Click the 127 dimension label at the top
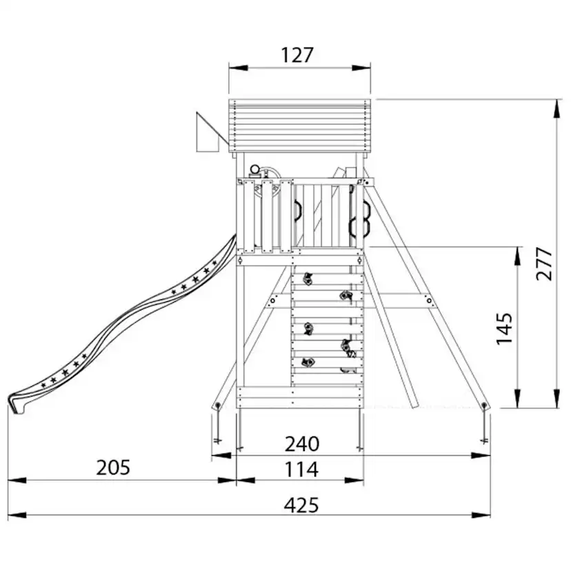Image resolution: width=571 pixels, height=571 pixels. click(297, 55)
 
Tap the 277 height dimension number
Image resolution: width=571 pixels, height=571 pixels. click(544, 263)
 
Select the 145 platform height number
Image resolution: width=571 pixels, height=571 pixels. click(504, 328)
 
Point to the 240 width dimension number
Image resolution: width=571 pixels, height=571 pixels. click(302, 444)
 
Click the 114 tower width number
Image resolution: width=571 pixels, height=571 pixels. click(301, 470)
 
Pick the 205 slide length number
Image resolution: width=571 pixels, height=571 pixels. click(113, 468)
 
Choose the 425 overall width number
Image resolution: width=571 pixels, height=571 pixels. click(301, 505)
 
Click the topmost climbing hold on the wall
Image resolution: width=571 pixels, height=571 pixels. click(308, 279)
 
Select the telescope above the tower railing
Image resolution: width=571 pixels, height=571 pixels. click(255, 170)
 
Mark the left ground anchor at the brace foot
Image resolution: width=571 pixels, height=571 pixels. click(218, 405)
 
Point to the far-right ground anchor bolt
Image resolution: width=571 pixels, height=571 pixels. click(484, 405)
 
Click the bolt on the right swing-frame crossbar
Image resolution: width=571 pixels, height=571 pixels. click(430, 301)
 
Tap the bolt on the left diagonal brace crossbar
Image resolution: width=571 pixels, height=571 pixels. click(273, 301)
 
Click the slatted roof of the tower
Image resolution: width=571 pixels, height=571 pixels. click(300, 126)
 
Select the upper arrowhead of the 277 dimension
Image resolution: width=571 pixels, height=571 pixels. click(557, 108)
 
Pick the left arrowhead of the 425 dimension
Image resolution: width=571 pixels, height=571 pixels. click(17, 515)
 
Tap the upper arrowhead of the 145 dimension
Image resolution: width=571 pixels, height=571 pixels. click(517, 256)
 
